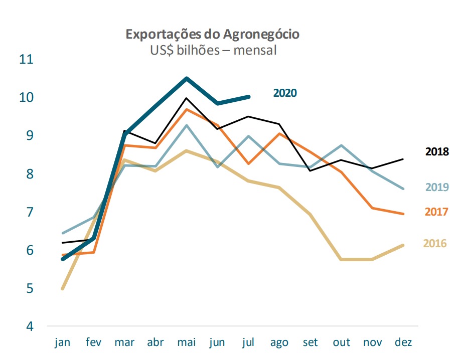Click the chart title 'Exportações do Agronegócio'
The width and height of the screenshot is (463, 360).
point(213,34)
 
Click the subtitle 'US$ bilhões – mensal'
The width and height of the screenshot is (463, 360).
point(213,50)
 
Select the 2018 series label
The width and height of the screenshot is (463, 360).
point(437,151)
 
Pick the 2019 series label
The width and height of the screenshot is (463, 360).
point(437,188)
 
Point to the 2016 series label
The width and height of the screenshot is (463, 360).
point(434,244)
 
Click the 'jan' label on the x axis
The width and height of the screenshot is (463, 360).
point(63,342)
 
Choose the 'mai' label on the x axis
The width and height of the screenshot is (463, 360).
point(187,342)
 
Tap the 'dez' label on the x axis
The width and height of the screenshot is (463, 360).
point(403,342)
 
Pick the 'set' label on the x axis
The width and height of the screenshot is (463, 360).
point(311,342)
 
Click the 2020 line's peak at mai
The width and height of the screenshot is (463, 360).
point(187,78)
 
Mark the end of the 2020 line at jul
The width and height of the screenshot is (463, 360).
point(249,97)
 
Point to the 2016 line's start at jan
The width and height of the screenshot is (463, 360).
point(63,288)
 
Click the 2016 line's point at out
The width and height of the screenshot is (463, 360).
point(342,259)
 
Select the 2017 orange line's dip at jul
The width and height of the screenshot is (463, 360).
point(249,163)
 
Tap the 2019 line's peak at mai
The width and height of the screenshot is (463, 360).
point(187,125)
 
